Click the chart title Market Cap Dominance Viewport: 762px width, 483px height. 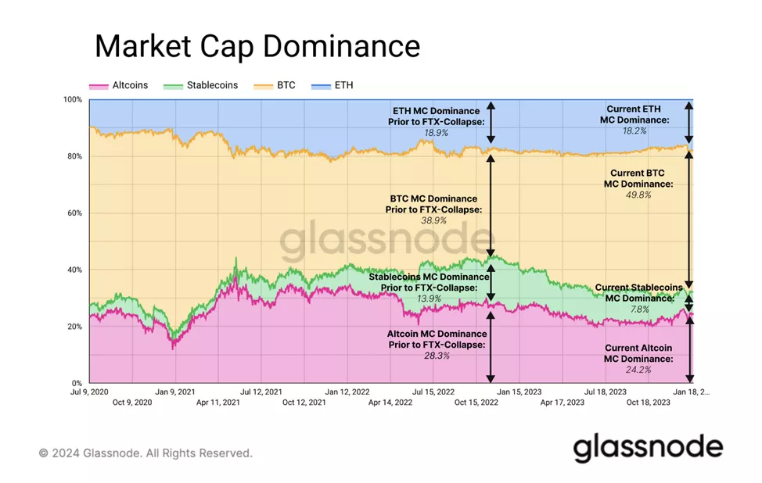coord(257,46)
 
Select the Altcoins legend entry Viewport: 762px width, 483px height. coord(126,84)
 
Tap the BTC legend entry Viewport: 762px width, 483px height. coord(286,84)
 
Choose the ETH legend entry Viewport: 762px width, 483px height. coord(343,84)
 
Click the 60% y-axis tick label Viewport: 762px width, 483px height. coord(73,213)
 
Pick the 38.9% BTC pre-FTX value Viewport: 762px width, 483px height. coord(434,221)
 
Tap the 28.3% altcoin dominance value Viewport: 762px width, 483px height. coord(436,356)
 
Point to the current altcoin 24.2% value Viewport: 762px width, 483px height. coord(638,370)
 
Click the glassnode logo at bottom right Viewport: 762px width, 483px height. coord(648,448)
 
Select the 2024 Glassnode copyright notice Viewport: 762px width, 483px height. coord(146,453)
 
